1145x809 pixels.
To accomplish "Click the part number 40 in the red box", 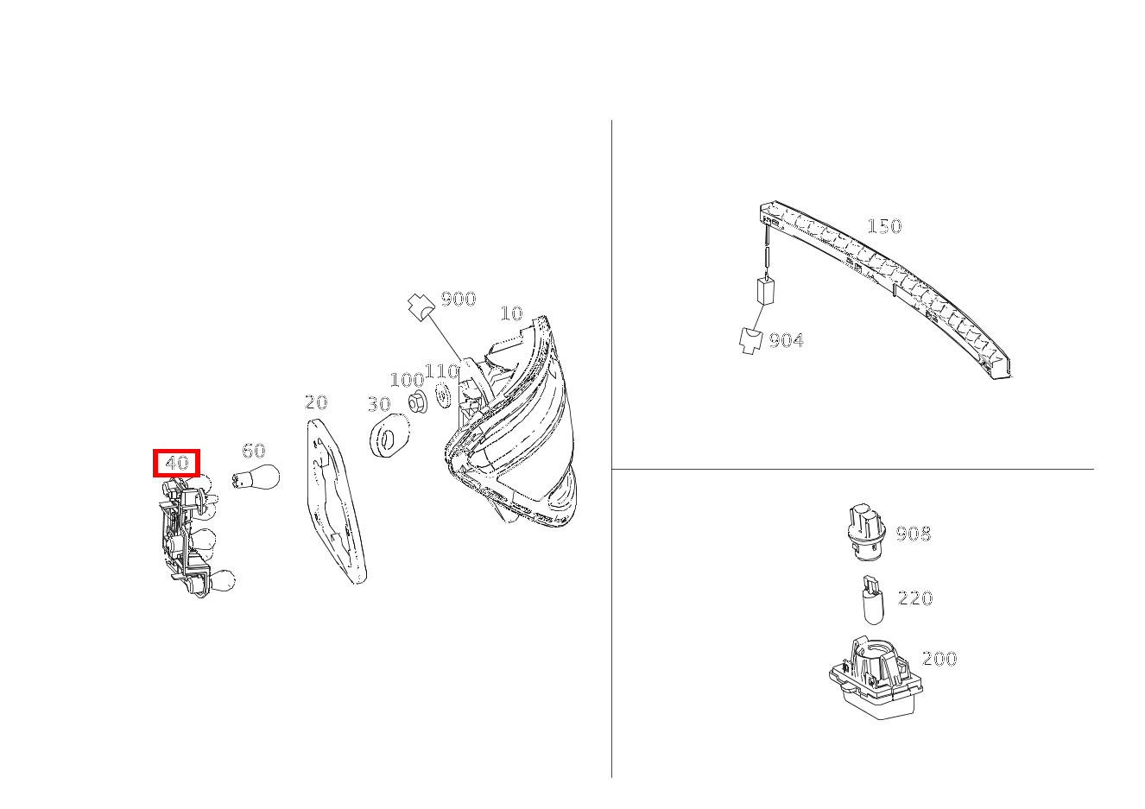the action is [177, 463].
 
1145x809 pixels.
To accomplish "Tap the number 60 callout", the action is [254, 451].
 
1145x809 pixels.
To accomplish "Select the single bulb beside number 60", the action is [256, 477].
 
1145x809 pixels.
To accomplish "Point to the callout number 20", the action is [316, 402].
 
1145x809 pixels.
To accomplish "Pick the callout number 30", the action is [379, 405].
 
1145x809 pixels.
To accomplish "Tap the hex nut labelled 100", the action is [418, 402].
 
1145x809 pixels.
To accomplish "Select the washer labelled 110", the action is [443, 395].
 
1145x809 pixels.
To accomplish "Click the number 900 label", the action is [459, 299].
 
